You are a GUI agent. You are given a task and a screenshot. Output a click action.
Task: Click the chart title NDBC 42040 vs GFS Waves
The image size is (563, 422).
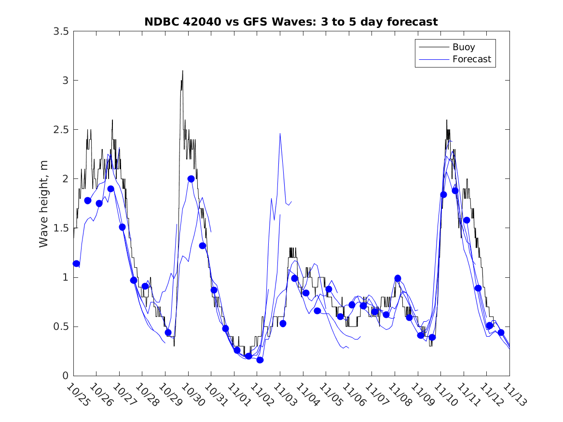point(291,22)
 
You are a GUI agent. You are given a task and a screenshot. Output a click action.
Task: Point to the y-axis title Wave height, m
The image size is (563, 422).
point(44,204)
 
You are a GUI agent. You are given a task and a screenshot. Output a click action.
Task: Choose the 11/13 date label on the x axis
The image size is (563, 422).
point(514,395)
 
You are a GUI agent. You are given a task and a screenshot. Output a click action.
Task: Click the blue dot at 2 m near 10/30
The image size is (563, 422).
point(191,178)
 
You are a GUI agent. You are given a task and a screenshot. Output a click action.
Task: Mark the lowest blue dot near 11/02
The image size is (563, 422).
point(260,360)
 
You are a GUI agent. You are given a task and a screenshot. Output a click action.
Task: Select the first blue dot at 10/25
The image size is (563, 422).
point(76,263)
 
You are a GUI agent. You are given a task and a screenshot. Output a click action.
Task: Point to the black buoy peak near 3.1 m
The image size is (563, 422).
point(182,71)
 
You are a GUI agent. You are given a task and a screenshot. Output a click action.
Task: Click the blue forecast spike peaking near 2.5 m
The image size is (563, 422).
point(280,134)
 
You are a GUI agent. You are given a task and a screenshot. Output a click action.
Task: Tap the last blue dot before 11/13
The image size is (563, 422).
point(501,332)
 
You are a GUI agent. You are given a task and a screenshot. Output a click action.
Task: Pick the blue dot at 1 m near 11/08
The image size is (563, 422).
point(398,278)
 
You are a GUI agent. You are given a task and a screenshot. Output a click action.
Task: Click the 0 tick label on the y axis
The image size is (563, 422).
point(65,376)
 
